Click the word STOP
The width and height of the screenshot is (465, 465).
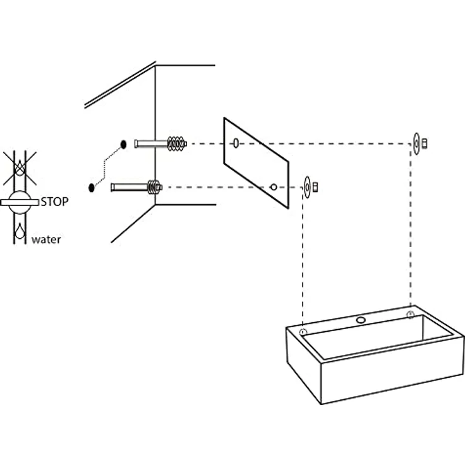[x=54, y=202]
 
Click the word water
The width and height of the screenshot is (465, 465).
[x=46, y=239]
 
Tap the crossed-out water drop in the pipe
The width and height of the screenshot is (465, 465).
[x=20, y=168]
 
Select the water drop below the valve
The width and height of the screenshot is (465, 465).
[x=20, y=231]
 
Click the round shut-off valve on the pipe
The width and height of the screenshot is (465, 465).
[x=20, y=202]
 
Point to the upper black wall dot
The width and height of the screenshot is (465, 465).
[x=123, y=145]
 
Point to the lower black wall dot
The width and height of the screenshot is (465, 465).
[x=92, y=188]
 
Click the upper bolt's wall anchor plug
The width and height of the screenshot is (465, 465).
[x=177, y=144]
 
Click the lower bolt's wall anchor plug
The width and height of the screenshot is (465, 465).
[x=154, y=187]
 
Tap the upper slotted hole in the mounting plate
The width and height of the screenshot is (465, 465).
[x=236, y=143]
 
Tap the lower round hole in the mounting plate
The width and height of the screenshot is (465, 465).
[x=274, y=187]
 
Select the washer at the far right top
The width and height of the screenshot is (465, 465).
[x=416, y=143]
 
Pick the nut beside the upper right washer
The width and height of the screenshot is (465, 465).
[x=425, y=143]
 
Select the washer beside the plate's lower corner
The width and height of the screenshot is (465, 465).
[x=307, y=187]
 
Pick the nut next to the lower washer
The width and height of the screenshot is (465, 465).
[x=315, y=187]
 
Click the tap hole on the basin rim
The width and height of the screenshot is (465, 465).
[x=361, y=320]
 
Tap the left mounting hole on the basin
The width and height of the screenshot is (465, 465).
[x=303, y=332]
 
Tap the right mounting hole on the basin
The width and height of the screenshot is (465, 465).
[x=411, y=315]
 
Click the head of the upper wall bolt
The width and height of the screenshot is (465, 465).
[x=136, y=144]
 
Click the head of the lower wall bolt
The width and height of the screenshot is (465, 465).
[x=112, y=188]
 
